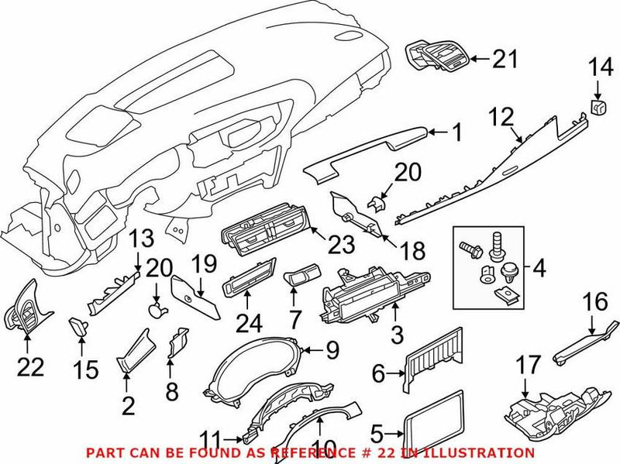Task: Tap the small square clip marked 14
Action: click(x=598, y=107)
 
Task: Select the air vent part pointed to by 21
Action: click(x=436, y=59)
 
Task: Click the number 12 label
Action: click(x=501, y=118)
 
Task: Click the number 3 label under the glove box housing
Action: click(x=397, y=336)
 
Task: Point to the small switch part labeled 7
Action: click(x=301, y=277)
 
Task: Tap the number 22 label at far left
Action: click(x=31, y=367)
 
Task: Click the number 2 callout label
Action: click(x=128, y=404)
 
